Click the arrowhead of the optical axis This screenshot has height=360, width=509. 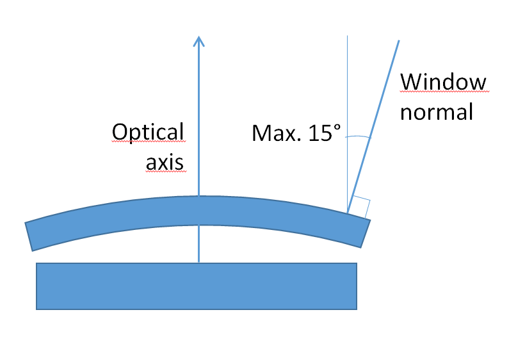198,40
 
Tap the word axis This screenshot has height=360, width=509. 165,163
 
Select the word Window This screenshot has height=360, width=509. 443,83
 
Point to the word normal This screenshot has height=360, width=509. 437,112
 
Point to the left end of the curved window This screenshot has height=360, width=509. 29,236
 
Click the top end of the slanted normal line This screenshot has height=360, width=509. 399,41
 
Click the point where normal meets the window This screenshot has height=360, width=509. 348,212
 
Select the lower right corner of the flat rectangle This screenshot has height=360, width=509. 357,309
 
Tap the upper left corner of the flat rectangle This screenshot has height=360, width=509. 36,263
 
